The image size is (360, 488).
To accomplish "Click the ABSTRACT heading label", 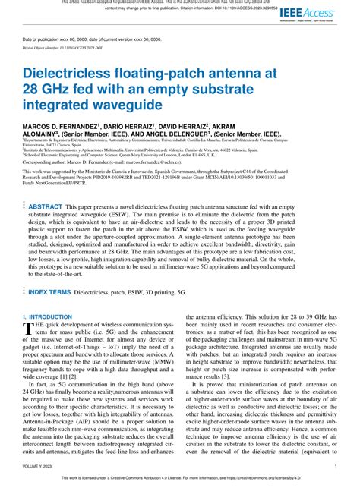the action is click(x=46, y=206).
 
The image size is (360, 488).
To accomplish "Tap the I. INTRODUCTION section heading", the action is click(x=47, y=316).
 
